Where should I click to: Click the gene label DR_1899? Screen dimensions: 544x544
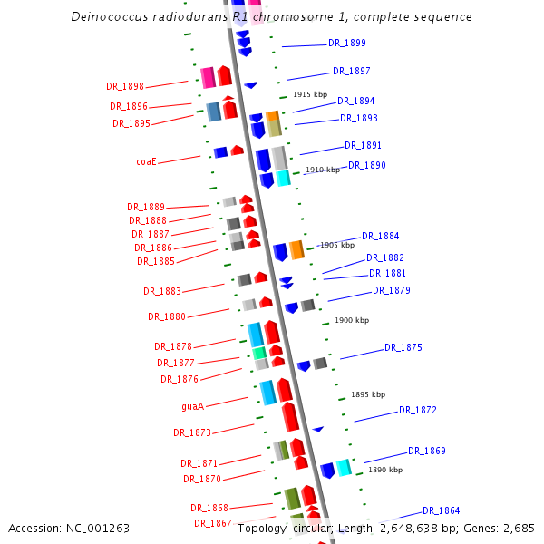click(x=347, y=43)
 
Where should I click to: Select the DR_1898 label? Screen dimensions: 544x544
click(x=125, y=86)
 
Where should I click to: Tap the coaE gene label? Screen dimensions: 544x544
click(x=146, y=161)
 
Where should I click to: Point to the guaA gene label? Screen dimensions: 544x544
click(x=192, y=406)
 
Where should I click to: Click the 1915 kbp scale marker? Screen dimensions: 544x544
click(x=309, y=94)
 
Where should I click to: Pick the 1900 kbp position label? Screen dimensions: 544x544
click(x=352, y=320)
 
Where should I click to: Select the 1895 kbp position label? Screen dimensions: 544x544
click(x=368, y=394)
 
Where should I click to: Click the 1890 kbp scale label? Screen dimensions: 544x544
click(x=384, y=470)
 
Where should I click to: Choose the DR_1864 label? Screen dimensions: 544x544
click(x=441, y=510)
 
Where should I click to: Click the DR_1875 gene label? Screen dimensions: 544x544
click(x=403, y=347)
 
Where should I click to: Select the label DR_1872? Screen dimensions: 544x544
click(x=418, y=410)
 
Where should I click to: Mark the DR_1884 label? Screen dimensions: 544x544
click(x=381, y=236)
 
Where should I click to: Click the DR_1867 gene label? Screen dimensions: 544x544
click(x=212, y=523)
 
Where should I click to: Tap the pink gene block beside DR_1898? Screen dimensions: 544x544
click(x=208, y=77)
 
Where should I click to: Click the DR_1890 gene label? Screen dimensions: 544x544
click(x=367, y=165)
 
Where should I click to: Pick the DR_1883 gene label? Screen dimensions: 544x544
click(x=162, y=291)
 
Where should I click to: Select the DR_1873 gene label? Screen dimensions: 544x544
click(x=192, y=432)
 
